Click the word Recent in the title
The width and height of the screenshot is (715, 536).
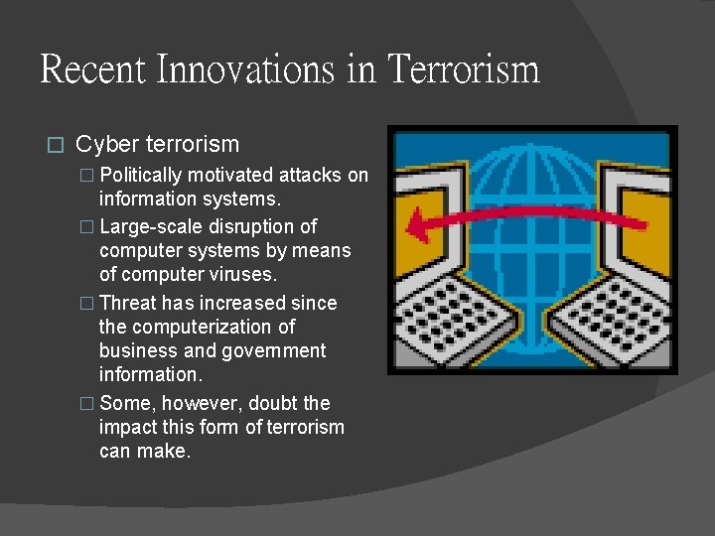pyautogui.click(x=91, y=69)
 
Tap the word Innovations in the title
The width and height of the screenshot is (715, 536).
pyautogui.click(x=251, y=69)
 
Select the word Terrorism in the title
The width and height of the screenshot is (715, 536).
pyautogui.click(x=464, y=69)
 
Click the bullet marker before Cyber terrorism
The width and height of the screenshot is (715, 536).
pyautogui.click(x=56, y=146)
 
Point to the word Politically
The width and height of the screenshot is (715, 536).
pyautogui.click(x=141, y=176)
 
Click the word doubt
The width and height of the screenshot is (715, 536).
pyautogui.click(x=277, y=403)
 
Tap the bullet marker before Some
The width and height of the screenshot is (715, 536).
pyautogui.click(x=85, y=404)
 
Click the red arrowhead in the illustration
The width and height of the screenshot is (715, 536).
pyautogui.click(x=424, y=225)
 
